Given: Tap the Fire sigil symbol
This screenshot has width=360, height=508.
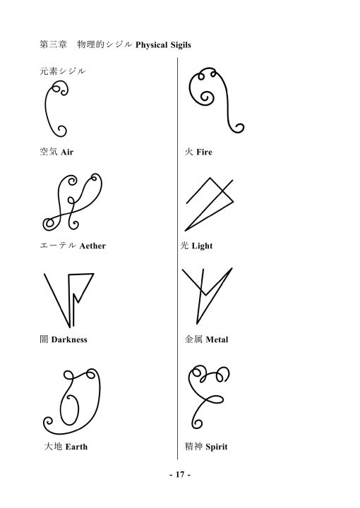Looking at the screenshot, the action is tap(228, 97).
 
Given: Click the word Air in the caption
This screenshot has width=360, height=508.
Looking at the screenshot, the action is tap(67, 152).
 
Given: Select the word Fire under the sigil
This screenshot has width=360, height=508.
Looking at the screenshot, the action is tap(204, 152).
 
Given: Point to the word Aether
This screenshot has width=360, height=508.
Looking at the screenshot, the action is tap(92, 246).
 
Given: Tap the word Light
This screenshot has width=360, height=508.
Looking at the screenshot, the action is tap(202, 246).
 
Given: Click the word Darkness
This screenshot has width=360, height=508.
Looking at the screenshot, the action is tap(69, 339).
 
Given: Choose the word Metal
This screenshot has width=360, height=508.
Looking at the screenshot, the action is tap(217, 339).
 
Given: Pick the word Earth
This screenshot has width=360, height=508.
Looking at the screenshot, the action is tap(76, 447).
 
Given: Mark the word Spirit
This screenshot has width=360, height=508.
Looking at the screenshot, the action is tap(217, 447).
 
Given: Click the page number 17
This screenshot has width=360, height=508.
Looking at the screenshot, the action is tap(180, 475).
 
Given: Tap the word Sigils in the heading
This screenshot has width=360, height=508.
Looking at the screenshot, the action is tap(181, 44).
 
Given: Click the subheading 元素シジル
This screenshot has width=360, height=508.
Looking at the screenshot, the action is tap(63, 71).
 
